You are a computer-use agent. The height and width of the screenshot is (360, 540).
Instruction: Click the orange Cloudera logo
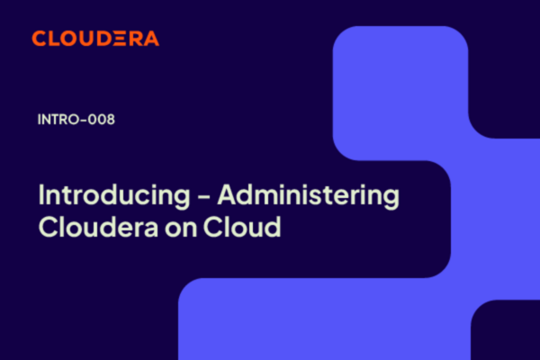click(95, 38)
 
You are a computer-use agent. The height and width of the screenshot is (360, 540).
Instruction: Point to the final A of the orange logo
click(151, 38)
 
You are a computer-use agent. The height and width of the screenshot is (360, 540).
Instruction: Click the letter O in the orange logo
click(67, 38)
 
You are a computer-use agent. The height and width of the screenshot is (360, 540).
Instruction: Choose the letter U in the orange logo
click(85, 38)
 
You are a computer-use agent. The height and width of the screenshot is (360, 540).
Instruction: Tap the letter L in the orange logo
click(52, 38)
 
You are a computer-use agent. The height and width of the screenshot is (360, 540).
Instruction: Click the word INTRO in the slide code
click(58, 120)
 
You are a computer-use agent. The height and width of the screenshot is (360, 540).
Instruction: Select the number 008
click(101, 120)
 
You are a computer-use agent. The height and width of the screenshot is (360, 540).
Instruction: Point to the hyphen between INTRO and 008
click(84, 120)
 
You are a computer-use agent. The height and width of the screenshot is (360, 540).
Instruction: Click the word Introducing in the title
click(114, 196)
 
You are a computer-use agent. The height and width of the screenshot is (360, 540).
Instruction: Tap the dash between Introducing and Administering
click(204, 197)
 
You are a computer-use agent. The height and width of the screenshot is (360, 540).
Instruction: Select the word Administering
click(309, 196)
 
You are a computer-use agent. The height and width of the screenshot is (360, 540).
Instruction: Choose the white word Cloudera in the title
click(98, 227)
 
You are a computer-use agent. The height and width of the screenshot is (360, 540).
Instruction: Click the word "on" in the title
click(181, 229)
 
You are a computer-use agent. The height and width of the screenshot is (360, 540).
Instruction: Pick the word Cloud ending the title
click(242, 227)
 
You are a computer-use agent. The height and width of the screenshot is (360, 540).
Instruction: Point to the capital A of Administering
click(229, 194)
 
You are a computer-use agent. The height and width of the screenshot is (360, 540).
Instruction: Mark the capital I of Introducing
click(40, 194)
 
